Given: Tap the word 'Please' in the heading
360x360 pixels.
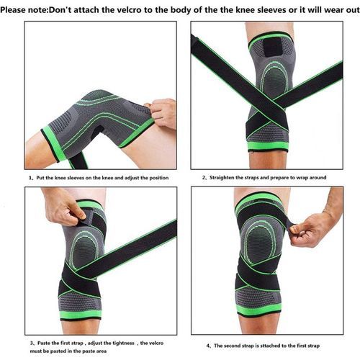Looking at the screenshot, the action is (x=13, y=10).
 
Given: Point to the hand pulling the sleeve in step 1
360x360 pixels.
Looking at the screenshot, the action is (x=161, y=113).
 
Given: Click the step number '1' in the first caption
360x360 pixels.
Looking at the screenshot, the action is (x=30, y=178).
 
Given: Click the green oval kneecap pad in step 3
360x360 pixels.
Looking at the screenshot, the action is (x=84, y=250).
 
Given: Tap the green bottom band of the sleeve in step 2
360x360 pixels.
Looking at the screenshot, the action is (x=268, y=145).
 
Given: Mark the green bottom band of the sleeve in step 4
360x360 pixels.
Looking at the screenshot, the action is (x=258, y=309).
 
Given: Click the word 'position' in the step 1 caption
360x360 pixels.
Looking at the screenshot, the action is (x=159, y=178).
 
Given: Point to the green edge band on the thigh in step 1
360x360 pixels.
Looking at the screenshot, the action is (x=53, y=143).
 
